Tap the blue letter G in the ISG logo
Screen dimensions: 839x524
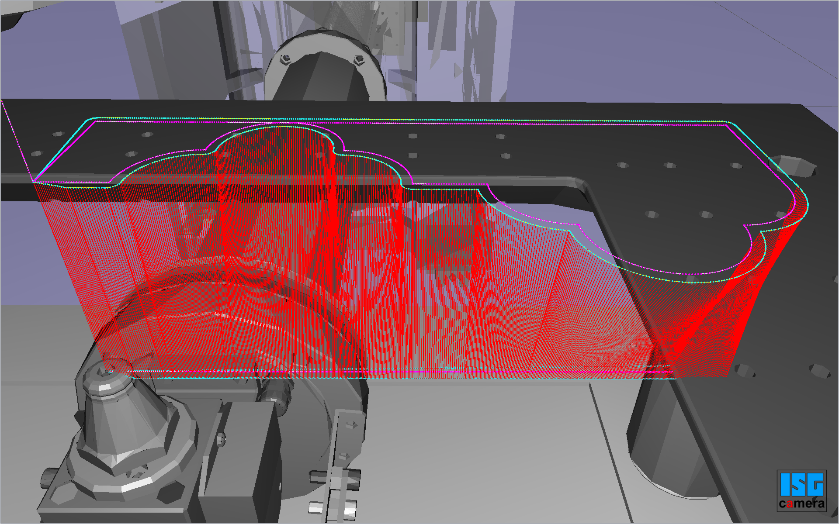click(x=815, y=485)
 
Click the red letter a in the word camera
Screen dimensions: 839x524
click(x=789, y=504)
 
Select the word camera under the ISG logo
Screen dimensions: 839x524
click(x=802, y=504)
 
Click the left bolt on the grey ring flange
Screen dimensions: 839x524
click(x=285, y=59)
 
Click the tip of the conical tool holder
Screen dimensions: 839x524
click(x=106, y=370)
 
